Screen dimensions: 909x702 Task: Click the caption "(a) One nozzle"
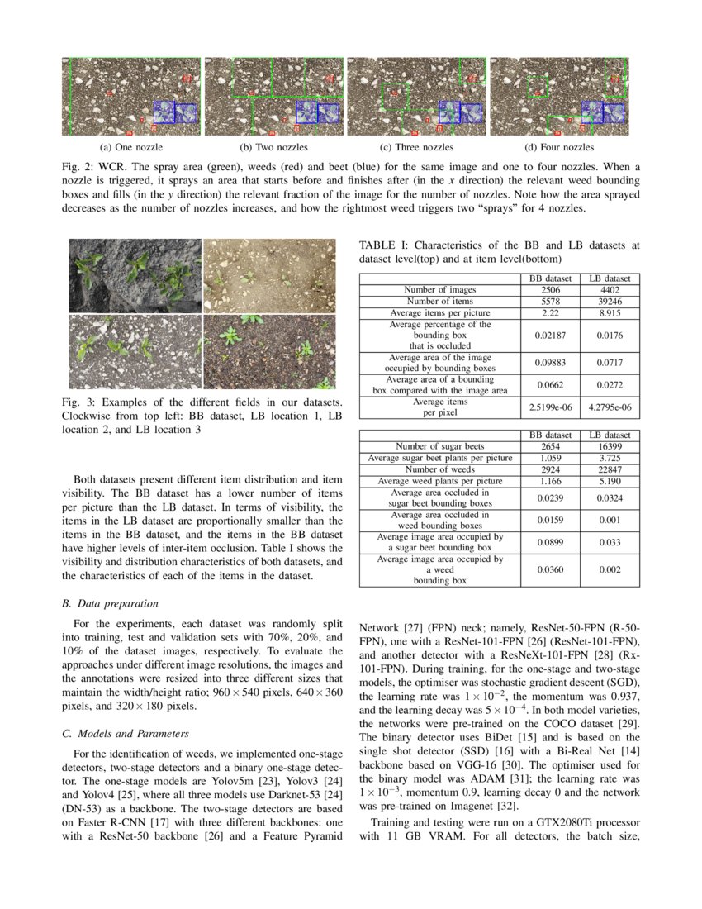click(130, 148)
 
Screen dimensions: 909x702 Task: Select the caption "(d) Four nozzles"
click(561, 148)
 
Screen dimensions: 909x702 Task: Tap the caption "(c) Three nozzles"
click(417, 148)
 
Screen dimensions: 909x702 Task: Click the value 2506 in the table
click(550, 290)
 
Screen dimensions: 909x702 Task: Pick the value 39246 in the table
click(610, 302)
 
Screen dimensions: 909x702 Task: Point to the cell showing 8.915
click(610, 313)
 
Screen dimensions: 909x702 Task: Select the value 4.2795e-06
click(610, 407)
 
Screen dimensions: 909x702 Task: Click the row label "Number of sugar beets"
click(440, 446)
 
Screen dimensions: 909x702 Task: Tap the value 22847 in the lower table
click(610, 469)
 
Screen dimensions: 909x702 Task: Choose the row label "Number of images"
click(439, 290)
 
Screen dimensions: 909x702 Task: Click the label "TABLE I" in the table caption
click(383, 245)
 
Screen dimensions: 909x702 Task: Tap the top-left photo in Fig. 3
click(135, 276)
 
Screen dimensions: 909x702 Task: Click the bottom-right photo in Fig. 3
click(269, 351)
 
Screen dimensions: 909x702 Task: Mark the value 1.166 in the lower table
click(550, 481)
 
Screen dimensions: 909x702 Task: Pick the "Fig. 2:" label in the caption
click(78, 166)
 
